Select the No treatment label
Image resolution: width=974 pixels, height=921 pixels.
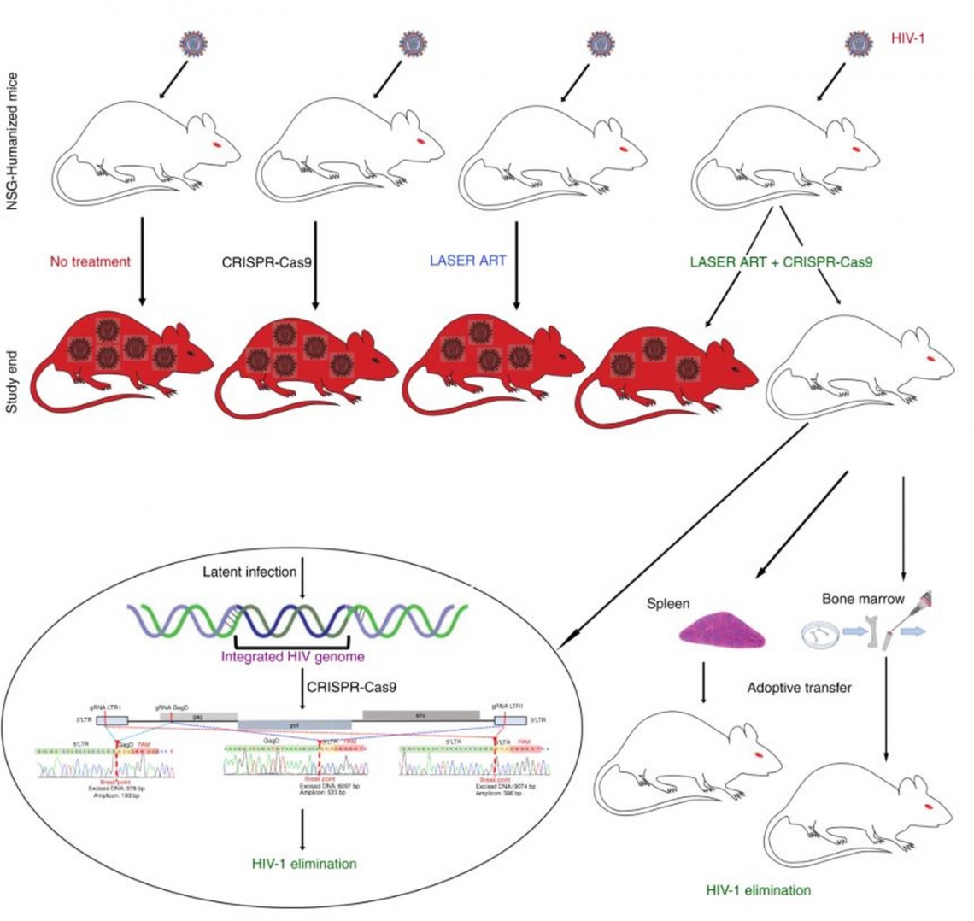click(x=90, y=261)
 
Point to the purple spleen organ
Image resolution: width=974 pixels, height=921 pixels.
click(x=721, y=630)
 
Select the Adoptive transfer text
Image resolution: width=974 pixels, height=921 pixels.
click(x=799, y=687)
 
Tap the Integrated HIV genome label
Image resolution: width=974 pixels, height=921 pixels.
click(x=292, y=657)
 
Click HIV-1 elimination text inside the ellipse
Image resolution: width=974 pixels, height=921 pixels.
click(x=303, y=864)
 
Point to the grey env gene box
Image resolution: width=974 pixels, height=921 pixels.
click(x=420, y=713)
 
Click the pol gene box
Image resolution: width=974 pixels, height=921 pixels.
click(x=294, y=724)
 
